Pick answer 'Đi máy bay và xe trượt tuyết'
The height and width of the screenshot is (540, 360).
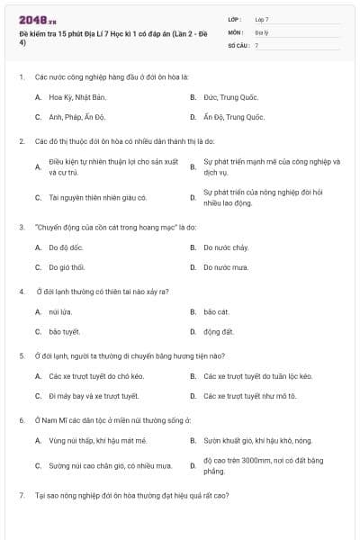point(94,396)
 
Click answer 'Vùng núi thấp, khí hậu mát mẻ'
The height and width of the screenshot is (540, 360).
point(97,441)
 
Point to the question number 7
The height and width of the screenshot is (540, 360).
point(21,495)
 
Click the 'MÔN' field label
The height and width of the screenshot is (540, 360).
point(235,31)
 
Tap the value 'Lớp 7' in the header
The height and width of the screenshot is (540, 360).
point(262,19)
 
